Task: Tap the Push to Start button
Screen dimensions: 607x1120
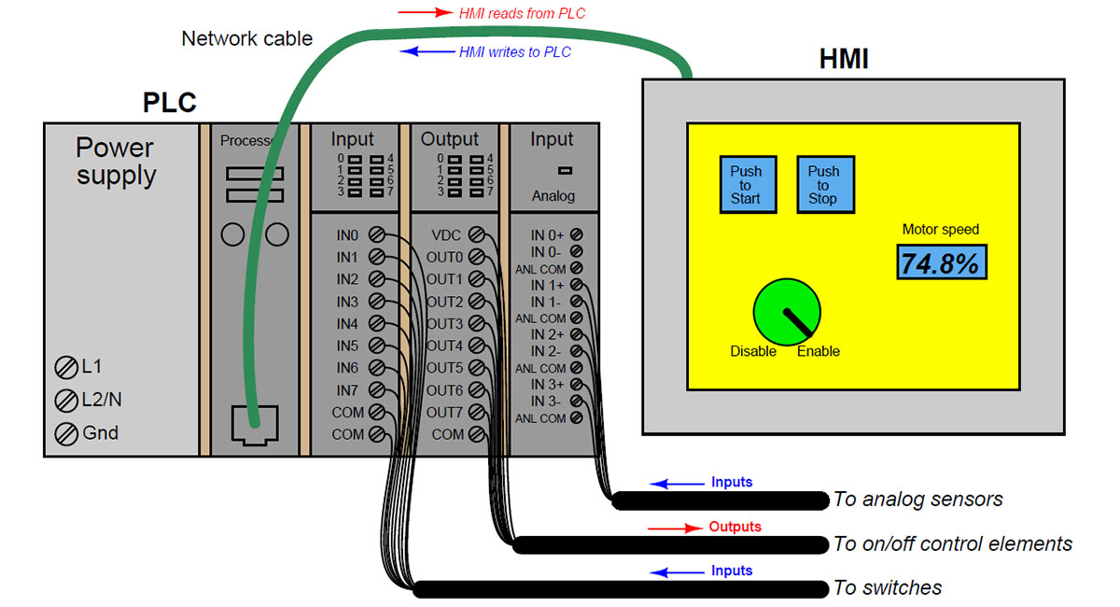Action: click(746, 184)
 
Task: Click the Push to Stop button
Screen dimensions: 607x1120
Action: click(823, 184)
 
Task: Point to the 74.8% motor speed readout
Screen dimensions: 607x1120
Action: click(942, 263)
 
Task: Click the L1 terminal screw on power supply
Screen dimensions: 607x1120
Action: click(66, 367)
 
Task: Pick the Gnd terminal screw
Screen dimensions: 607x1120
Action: click(66, 433)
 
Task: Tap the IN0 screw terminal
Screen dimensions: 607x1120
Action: click(378, 234)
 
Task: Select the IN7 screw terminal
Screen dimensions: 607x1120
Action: click(378, 390)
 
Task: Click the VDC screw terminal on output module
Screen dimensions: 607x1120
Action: click(476, 234)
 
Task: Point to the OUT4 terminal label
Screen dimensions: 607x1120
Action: click(444, 346)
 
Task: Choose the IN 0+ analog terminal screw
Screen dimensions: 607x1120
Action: click(576, 234)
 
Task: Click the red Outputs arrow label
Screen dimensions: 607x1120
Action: click(676, 528)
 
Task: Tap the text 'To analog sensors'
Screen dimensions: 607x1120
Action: click(917, 500)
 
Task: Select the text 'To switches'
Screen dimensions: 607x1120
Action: click(888, 588)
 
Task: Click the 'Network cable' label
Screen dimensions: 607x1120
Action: click(246, 39)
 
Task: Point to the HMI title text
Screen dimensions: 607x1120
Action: click(844, 60)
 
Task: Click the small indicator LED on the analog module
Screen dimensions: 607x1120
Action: click(564, 170)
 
